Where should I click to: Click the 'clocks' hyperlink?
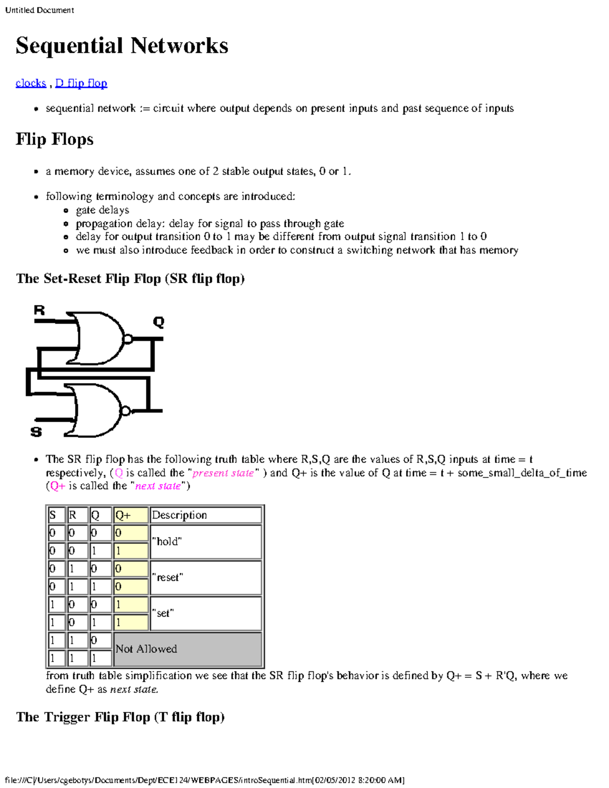pos(30,83)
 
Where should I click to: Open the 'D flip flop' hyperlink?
pos(81,83)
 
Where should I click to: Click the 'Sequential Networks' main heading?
pos(122,46)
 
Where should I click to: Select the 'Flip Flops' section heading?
pos(54,139)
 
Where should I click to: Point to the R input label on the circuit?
pos(39,310)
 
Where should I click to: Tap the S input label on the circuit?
pos(36,432)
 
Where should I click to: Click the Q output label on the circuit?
pos(158,322)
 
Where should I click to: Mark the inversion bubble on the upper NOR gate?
pos(128,339)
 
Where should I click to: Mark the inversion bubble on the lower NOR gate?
pos(125,411)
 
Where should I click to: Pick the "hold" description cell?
pos(206,542)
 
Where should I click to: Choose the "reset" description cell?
pos(206,577)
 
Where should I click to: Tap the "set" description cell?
pos(206,613)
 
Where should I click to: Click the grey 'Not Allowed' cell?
pos(188,649)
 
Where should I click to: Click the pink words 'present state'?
pos(223,473)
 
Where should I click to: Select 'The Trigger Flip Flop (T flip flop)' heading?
pos(120,717)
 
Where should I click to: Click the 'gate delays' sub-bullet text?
pos(103,210)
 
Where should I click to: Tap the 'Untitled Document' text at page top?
pos(40,10)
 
